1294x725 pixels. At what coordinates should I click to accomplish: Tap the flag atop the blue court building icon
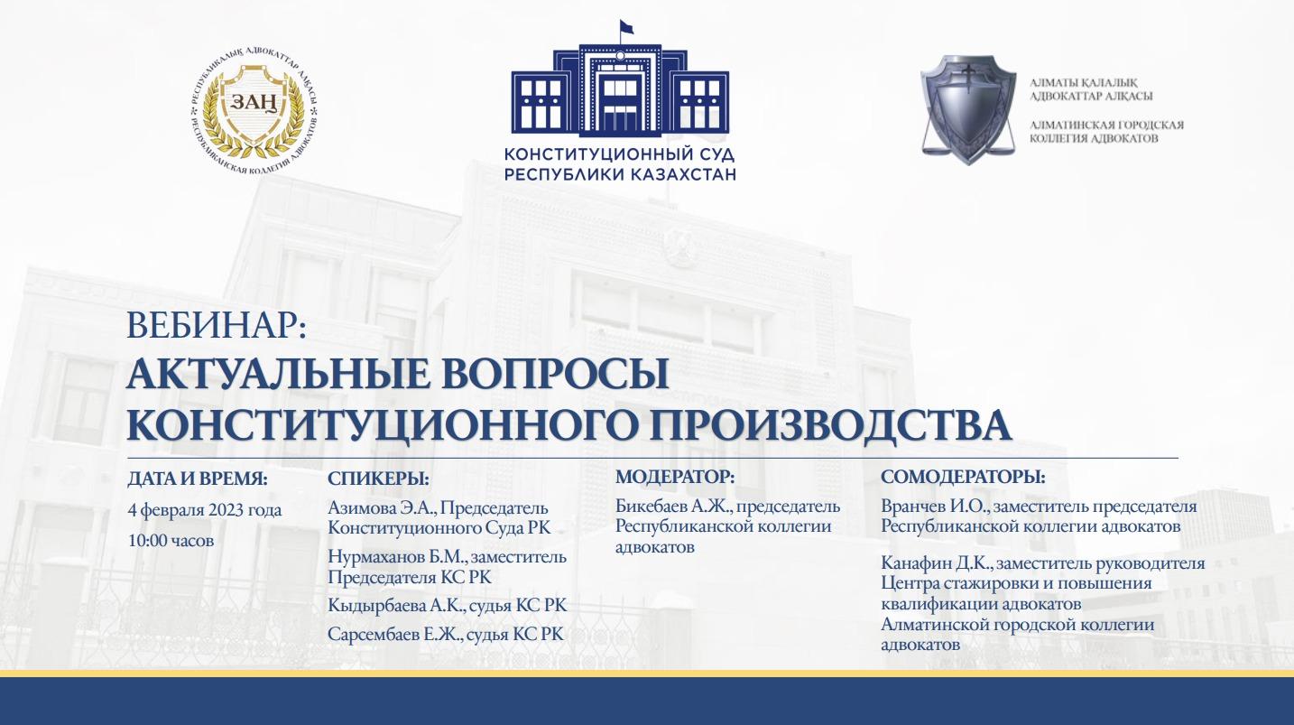click(626, 26)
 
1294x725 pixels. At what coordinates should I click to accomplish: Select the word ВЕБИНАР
click(215, 326)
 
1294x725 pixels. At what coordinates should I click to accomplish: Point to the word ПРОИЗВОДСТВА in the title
click(830, 425)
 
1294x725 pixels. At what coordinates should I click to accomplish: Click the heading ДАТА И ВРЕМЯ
click(198, 479)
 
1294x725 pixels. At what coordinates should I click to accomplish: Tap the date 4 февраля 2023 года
click(205, 510)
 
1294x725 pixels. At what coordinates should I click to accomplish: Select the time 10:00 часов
click(171, 541)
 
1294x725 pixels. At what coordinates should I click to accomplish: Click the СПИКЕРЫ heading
click(378, 479)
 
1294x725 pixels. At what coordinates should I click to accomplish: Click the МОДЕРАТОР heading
click(675, 477)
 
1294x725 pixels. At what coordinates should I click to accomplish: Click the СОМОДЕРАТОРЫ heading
click(963, 477)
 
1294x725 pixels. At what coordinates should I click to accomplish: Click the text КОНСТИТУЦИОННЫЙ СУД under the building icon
click(619, 154)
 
